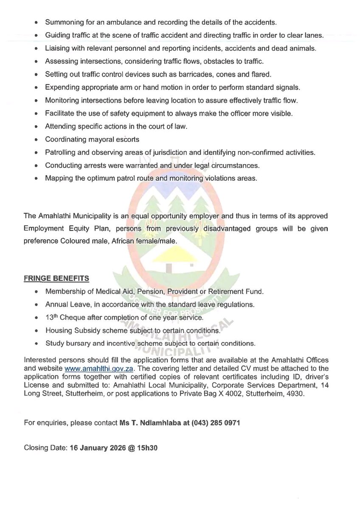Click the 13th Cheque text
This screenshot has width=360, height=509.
pos(66,317)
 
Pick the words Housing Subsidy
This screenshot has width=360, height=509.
pos(70,330)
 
